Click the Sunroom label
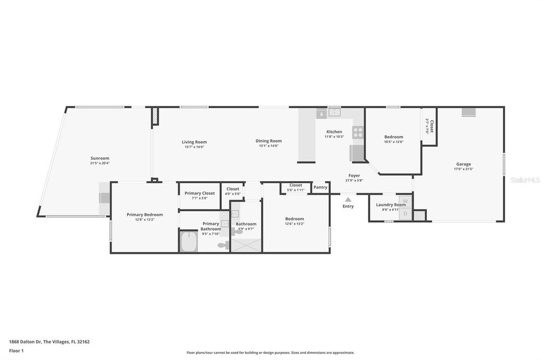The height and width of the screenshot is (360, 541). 100,158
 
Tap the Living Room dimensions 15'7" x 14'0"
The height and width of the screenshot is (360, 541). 194,147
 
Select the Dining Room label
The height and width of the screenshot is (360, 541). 268,141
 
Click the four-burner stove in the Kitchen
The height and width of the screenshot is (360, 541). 358,132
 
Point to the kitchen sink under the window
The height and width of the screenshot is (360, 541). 334,112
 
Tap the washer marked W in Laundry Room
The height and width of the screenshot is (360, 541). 406,201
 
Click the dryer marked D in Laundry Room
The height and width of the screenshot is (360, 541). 406,214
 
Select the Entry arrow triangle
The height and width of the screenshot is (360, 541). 348,199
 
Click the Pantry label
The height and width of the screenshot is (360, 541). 320,187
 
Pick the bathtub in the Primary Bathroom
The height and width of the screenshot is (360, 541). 188,243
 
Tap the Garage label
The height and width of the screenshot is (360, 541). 463,164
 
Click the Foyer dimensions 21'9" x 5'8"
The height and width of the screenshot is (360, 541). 354,181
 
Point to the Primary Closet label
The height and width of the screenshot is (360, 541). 200,193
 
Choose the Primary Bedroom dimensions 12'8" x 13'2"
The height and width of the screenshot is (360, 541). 144,220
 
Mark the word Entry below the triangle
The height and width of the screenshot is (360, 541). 348,206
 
